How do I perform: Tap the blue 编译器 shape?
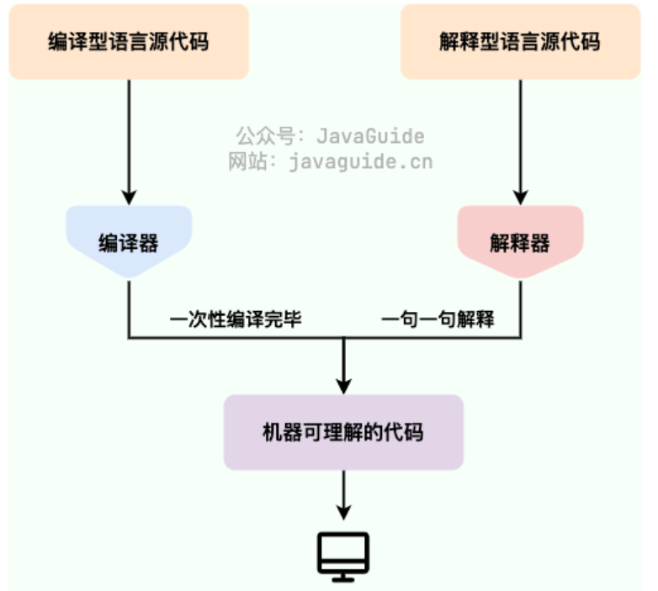(129, 243)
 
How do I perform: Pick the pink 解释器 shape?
(519, 243)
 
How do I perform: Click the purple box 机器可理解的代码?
(343, 432)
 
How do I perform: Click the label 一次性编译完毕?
(236, 319)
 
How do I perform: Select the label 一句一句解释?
(438, 319)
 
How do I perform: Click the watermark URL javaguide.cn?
(360, 161)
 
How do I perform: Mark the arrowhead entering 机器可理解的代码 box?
(343, 386)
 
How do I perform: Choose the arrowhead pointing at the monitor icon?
(343, 512)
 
